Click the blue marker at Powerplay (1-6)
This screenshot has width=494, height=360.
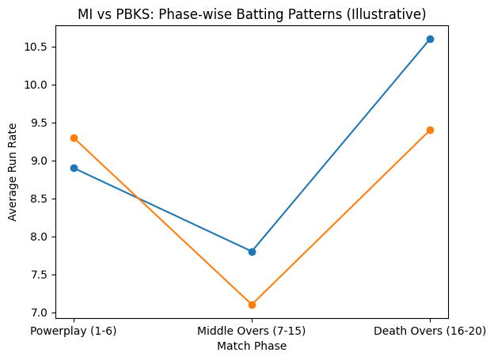coord(74,168)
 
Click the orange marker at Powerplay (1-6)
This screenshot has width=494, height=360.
coord(74,138)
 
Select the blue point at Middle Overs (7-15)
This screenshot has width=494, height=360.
coord(252,252)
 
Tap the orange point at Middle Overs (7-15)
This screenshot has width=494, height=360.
coord(252,305)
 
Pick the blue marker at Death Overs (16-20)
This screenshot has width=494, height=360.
coord(430,39)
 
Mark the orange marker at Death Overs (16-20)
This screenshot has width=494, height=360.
coord(430,130)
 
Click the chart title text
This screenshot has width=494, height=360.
coord(252,14)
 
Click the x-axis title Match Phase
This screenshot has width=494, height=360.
coord(252,346)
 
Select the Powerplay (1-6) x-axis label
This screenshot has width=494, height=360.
coord(74,331)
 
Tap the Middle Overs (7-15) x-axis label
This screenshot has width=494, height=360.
coord(252,331)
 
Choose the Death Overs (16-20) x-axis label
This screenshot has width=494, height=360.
coord(430,331)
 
